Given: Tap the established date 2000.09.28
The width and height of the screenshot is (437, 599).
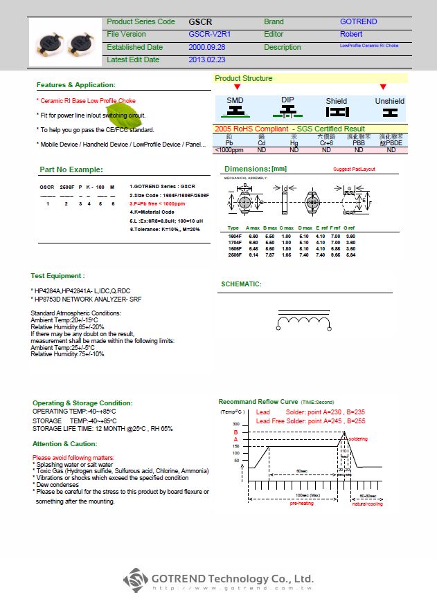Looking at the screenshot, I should [206, 47].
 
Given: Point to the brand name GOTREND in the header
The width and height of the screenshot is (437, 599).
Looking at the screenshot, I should [358, 22].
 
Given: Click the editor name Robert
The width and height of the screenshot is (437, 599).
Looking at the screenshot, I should [350, 34].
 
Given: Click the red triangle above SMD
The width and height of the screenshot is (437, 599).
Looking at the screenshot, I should [237, 87].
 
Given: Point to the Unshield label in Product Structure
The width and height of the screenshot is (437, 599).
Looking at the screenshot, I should [389, 101].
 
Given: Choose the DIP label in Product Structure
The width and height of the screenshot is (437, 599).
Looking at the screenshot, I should [287, 100].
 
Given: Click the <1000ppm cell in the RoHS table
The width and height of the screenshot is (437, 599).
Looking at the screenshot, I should [229, 150].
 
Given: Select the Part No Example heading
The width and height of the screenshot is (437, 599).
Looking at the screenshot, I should [71, 169].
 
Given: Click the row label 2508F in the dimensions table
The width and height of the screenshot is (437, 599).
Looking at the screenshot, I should [234, 255].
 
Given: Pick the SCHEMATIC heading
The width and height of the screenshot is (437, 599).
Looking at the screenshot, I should [241, 284].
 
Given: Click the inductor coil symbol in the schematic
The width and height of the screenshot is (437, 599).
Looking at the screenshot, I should [303, 322].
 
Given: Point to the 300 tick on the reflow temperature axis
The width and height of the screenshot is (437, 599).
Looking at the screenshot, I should [235, 423].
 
